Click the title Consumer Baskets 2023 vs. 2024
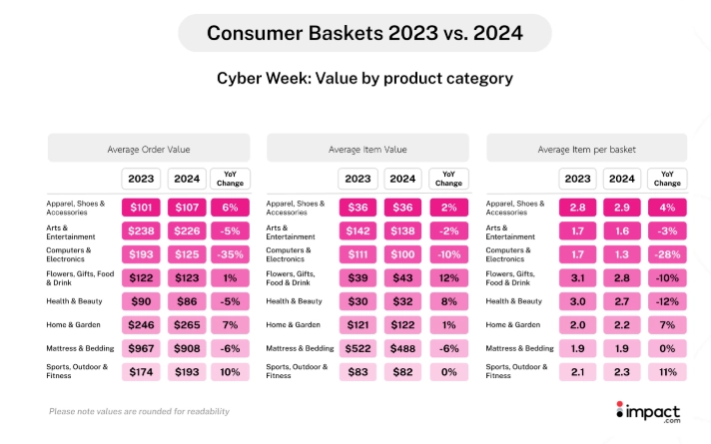coord(363,33)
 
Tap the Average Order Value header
coord(148,149)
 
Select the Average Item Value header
coord(367,149)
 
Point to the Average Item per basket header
coord(587,149)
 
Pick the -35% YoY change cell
coord(230,255)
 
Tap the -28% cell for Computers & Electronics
coord(668,255)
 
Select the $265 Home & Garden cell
coord(185,324)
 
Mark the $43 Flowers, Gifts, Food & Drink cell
coord(403,278)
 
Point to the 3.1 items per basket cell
coord(577,278)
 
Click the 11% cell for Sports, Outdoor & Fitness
coord(668,371)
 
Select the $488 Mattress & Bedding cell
coord(403,347)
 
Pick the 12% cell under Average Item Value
coord(448,278)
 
